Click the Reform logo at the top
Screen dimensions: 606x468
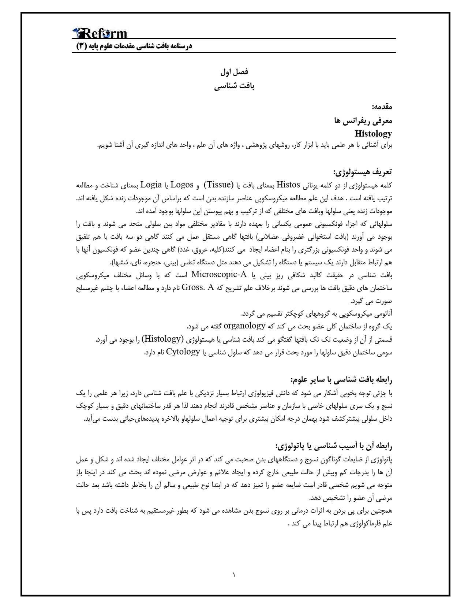point(100,34)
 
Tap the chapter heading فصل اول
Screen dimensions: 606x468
point(234,72)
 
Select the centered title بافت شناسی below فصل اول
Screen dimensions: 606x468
point(234,86)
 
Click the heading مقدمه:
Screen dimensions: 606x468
point(382,107)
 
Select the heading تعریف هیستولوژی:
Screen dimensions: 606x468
point(362,171)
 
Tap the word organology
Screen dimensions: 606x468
point(244,326)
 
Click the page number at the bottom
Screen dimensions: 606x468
point(234,574)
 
